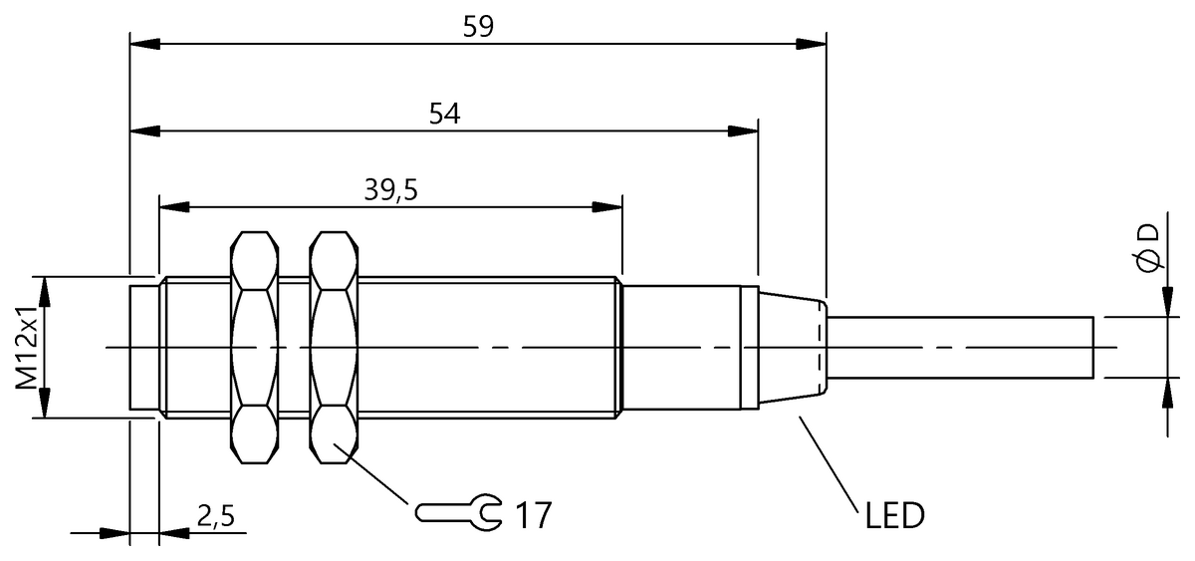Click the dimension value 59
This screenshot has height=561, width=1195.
click(478, 27)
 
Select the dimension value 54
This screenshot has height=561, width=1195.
click(444, 114)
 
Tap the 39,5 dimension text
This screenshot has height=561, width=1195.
click(390, 190)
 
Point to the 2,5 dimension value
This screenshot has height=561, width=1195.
click(215, 516)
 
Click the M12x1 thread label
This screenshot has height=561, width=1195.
click(26, 348)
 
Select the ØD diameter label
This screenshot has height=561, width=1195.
click(1148, 248)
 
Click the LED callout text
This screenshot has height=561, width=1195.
click(894, 515)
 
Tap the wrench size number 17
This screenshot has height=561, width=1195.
click(533, 515)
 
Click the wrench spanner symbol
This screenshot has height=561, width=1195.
click(459, 512)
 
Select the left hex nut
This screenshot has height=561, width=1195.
click(255, 348)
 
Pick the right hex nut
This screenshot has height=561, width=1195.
click(334, 348)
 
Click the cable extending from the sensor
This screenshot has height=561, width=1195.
click(960, 348)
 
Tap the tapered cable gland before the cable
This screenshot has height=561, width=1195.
click(794, 348)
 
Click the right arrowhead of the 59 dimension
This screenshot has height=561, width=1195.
click(811, 44)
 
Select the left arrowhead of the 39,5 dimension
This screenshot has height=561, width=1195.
click(174, 207)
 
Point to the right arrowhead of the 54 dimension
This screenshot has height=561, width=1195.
click(743, 131)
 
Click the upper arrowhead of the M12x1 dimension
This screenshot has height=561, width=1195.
click(44, 292)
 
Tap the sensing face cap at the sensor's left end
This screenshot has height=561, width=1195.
click(144, 348)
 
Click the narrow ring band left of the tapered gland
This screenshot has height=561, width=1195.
click(750, 348)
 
